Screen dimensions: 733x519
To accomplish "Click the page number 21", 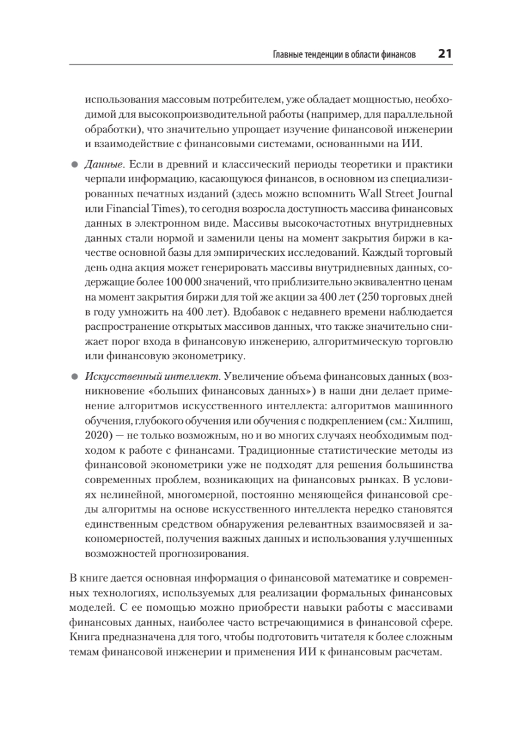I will tap(444, 54).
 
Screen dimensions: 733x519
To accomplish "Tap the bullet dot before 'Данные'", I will tap(75, 165).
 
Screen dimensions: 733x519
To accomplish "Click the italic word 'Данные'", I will tap(105, 165).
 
